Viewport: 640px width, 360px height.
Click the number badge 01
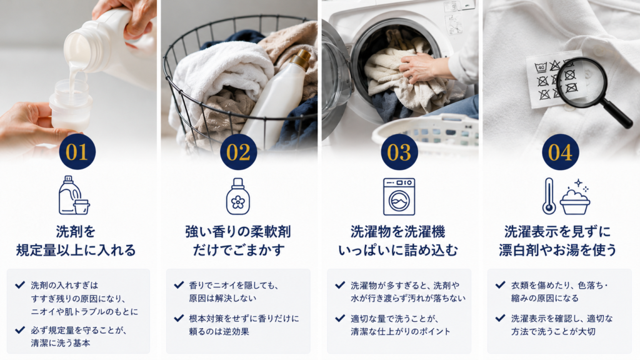click(77, 152)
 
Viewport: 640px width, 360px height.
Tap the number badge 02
click(238, 152)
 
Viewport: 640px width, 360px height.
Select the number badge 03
click(399, 152)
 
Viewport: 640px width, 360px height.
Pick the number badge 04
click(561, 152)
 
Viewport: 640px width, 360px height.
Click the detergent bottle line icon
click(74, 196)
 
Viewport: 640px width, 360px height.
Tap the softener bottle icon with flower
click(238, 196)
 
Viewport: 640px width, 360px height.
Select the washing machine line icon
click(399, 196)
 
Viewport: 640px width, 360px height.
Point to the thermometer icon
click(549, 196)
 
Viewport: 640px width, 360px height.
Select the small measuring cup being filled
click(70, 106)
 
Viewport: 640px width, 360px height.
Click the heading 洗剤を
click(76, 232)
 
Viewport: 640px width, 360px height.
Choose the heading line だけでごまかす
click(238, 250)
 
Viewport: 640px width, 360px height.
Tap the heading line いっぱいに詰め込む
click(398, 250)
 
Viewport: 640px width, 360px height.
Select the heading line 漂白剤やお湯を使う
click(557, 250)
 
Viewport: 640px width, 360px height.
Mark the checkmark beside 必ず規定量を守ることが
click(20, 329)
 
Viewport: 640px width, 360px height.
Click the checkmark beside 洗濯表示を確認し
click(501, 318)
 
